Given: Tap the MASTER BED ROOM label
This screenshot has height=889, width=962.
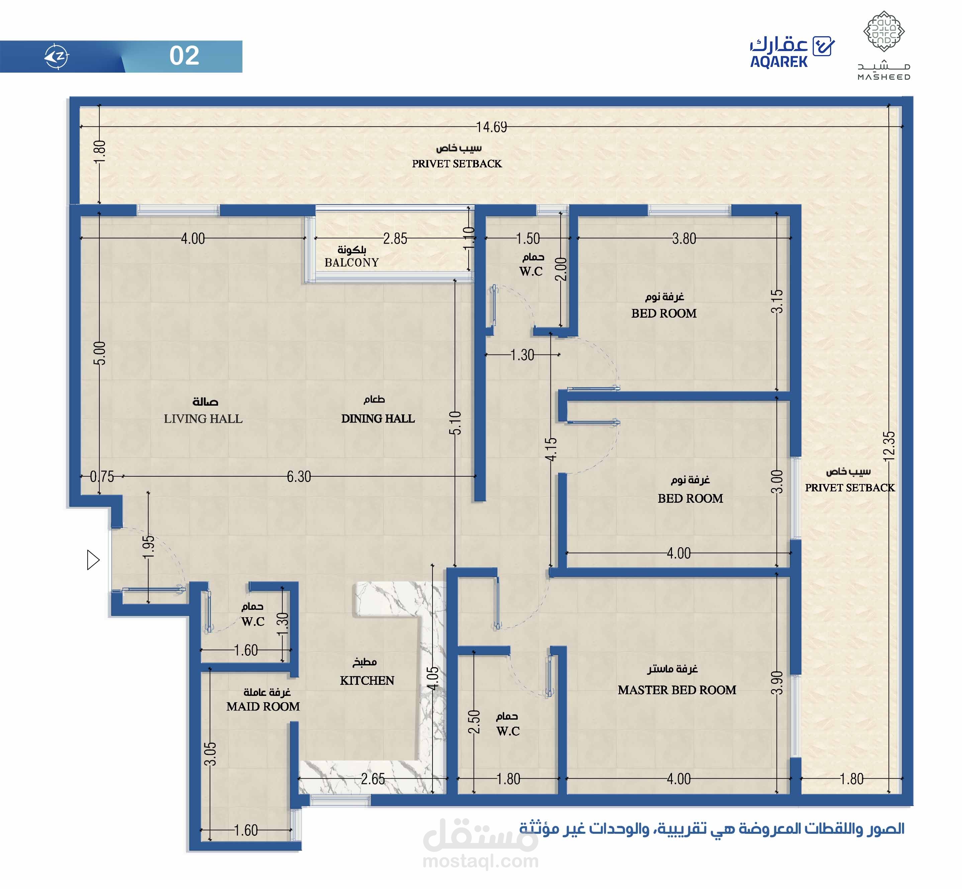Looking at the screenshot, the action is [x=677, y=690].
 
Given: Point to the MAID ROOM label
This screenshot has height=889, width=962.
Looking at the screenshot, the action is [x=263, y=706].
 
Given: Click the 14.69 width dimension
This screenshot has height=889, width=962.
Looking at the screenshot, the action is [x=491, y=127].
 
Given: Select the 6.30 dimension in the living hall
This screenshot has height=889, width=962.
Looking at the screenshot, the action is [x=299, y=476].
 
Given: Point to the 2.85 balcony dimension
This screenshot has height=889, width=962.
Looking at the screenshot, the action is [x=395, y=239].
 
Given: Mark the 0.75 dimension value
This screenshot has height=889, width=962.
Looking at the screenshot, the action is [x=102, y=476].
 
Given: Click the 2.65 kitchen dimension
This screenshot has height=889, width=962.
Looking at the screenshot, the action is [x=373, y=779].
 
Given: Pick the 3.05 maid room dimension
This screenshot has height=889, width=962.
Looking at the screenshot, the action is [x=210, y=754].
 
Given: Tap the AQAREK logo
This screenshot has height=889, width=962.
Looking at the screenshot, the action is [x=792, y=52].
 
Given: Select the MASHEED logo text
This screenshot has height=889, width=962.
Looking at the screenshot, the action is [x=884, y=77].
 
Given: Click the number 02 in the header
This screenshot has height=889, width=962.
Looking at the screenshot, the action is [x=184, y=56].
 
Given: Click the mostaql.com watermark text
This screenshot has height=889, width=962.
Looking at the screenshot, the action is [x=481, y=861].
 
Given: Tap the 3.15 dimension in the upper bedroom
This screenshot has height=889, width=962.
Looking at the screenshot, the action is [x=777, y=301].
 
